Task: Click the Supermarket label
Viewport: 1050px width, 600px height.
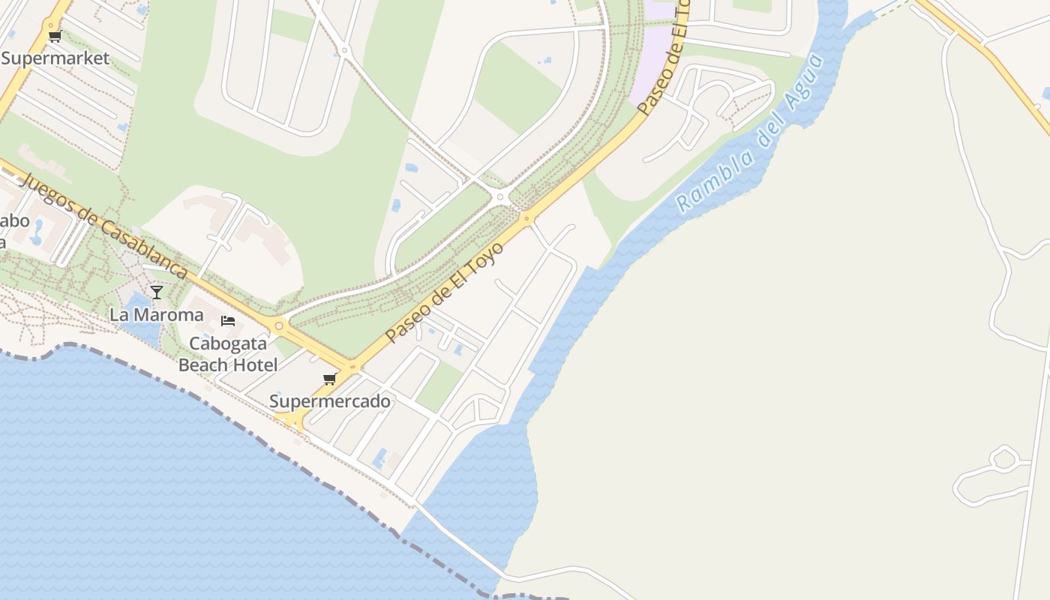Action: click(x=55, y=58)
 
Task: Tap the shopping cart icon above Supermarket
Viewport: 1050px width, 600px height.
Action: click(x=54, y=37)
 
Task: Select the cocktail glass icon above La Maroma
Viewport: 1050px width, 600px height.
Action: click(x=156, y=292)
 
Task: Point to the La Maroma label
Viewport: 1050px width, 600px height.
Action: click(x=156, y=314)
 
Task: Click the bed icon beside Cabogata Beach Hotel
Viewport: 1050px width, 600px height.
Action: click(x=228, y=321)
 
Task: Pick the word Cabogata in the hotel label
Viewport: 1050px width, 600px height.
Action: click(x=228, y=343)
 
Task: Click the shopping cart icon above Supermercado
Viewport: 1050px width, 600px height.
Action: click(x=329, y=379)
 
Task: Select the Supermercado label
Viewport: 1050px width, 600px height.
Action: click(x=330, y=401)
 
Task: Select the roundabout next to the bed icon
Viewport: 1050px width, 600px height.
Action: click(x=279, y=325)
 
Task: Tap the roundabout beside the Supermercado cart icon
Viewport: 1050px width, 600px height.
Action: click(x=352, y=367)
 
